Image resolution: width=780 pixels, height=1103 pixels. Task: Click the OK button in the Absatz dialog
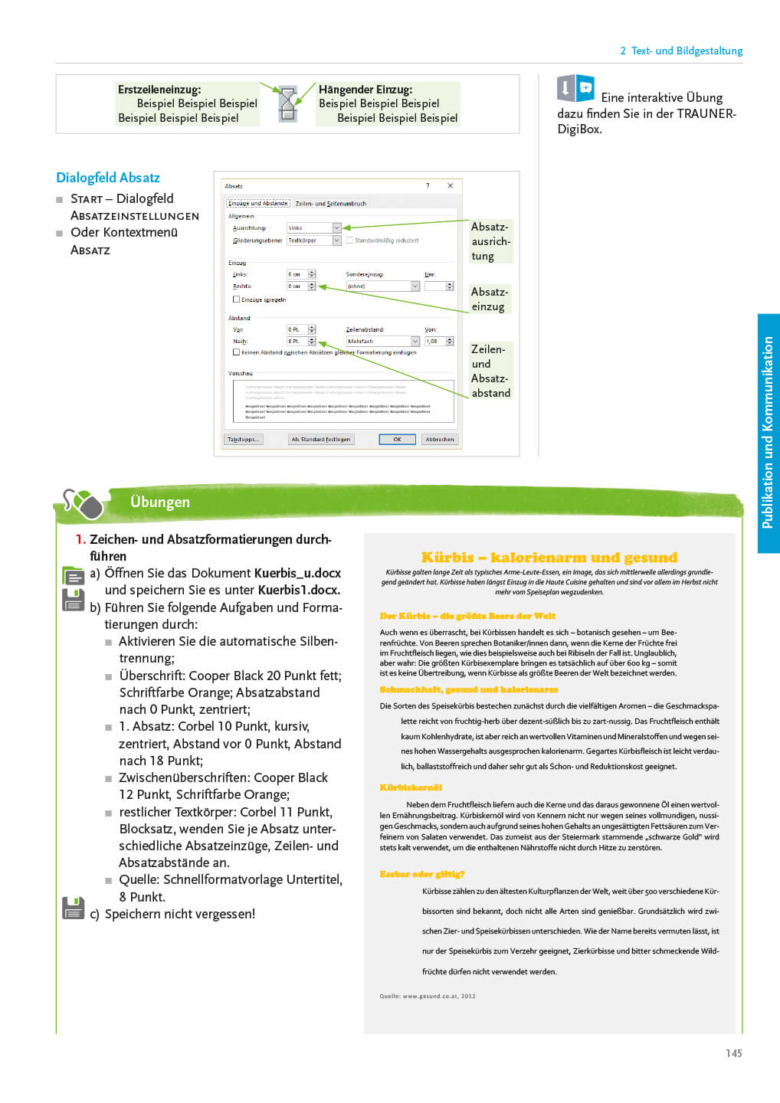[397, 440]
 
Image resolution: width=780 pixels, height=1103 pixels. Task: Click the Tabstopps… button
[243, 440]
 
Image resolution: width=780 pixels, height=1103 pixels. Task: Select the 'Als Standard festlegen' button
[320, 440]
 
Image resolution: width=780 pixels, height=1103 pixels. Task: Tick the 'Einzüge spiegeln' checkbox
[237, 299]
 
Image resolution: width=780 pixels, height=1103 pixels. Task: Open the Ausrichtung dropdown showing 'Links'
[336, 228]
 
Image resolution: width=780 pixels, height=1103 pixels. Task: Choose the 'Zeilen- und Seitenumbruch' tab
[331, 204]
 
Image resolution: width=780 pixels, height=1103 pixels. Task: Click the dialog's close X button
[450, 186]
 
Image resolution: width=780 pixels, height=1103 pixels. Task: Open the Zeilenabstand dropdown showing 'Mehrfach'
[415, 342]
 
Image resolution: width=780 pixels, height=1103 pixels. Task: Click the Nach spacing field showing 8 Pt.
[297, 342]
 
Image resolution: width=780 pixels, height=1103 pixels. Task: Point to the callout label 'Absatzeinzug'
[489, 299]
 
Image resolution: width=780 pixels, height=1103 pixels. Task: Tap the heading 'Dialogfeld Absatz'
[108, 178]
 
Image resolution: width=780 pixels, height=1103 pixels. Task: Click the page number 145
[733, 1053]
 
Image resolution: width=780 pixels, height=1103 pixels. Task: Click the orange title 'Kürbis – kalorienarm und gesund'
[549, 558]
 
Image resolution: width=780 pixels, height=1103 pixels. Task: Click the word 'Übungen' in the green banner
[160, 502]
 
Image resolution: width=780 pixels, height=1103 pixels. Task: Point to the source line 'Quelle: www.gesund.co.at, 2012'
[428, 997]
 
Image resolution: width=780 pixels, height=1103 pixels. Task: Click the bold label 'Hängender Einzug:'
[365, 90]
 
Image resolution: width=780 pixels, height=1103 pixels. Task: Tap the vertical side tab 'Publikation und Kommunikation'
[768, 433]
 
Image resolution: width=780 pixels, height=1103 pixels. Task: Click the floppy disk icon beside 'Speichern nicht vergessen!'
[73, 908]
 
